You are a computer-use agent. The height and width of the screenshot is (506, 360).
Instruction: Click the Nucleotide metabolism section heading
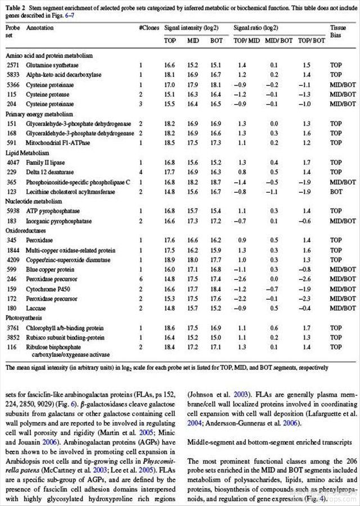pos(34,201)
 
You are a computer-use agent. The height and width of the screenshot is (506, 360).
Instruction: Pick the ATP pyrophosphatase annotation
pos(52,211)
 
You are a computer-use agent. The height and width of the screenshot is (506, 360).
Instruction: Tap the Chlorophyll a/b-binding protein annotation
pos(64,328)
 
